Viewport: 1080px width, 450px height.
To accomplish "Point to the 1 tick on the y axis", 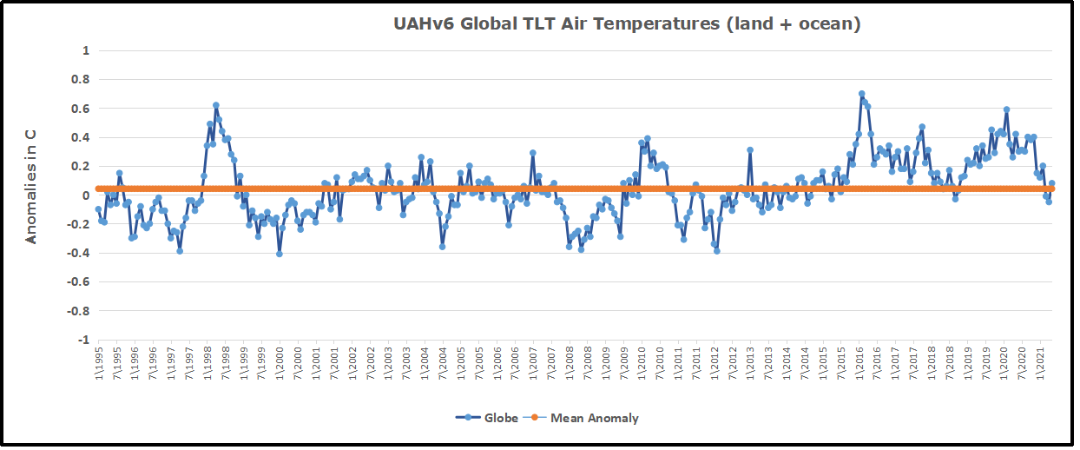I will click(x=86, y=50).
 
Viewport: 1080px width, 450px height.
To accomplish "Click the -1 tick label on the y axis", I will click(x=83, y=340).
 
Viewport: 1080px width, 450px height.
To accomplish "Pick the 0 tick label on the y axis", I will click(x=86, y=195).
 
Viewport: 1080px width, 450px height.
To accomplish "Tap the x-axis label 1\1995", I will click(x=99, y=361).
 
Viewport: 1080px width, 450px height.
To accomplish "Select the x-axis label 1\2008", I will click(x=570, y=361).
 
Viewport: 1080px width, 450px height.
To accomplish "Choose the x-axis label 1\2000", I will click(x=280, y=361).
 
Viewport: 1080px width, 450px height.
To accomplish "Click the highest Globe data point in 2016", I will click(x=861, y=94).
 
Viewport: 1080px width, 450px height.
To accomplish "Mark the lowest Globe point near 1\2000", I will click(x=280, y=254).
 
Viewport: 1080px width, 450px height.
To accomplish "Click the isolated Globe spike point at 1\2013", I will click(x=750, y=150).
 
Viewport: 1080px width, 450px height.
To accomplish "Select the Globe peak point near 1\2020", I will click(x=1006, y=109).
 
